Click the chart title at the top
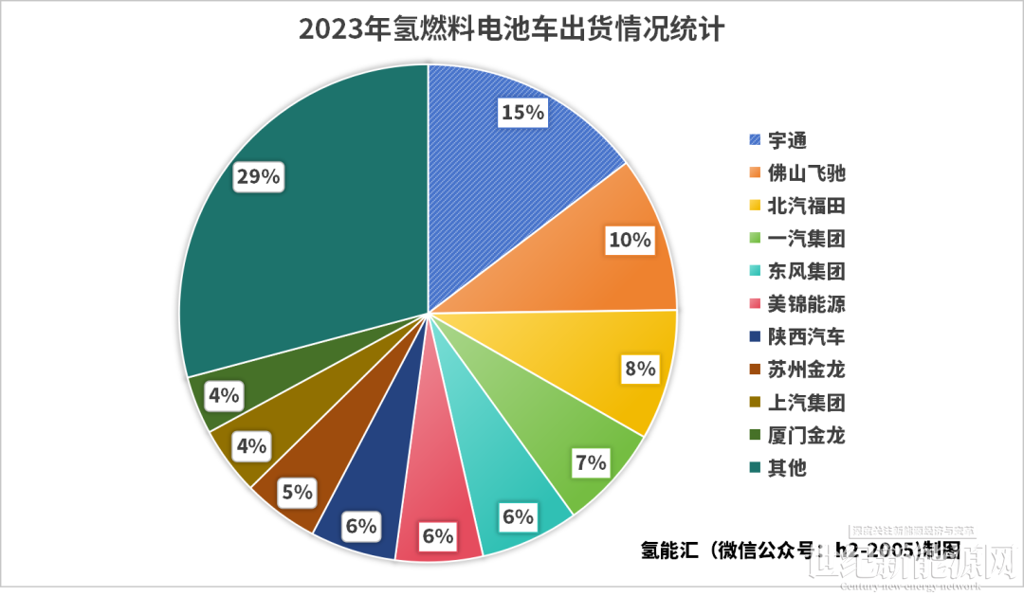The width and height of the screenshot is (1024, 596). pos(512,29)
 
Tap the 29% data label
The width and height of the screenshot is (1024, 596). pos(258,177)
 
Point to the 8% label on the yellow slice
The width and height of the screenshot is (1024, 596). pos(640,369)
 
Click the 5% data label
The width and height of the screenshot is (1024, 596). pos(297,492)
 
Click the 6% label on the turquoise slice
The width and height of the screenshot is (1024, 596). pos(519,517)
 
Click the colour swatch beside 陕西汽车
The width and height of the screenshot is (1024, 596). pos(755,336)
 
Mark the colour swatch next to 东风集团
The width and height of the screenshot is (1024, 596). pos(755,271)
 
